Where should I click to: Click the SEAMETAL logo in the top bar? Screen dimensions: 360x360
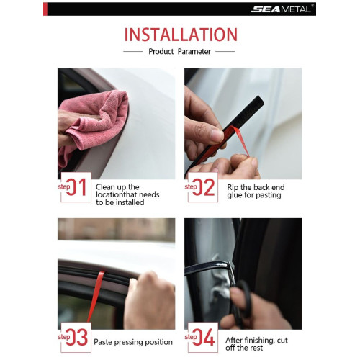click(x=282, y=9)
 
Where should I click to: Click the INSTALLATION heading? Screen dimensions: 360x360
click(x=180, y=35)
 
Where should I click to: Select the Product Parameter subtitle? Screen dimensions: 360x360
click(x=179, y=52)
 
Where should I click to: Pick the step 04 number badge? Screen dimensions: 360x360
click(x=202, y=336)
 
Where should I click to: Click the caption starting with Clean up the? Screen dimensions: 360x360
click(x=127, y=194)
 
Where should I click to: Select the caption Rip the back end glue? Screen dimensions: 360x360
click(x=251, y=191)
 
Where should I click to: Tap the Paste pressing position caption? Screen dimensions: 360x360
click(x=134, y=342)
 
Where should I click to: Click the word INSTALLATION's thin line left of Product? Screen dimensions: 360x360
click(x=132, y=52)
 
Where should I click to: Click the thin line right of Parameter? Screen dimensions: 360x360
click(x=225, y=52)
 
